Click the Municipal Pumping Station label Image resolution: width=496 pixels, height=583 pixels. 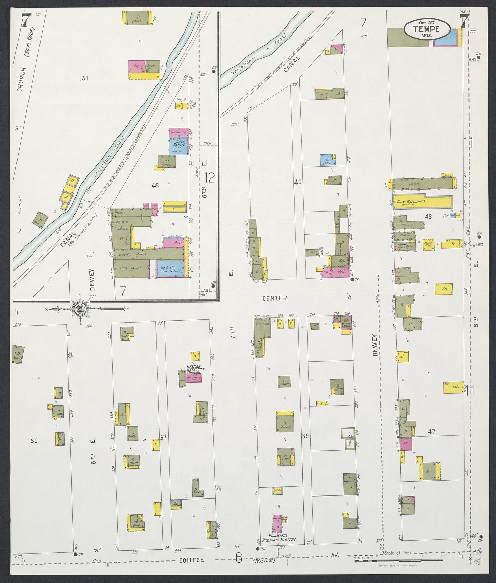coord(283,539)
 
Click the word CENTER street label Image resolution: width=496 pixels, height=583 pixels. coord(274,298)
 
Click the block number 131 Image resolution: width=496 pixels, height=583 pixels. coord(84,78)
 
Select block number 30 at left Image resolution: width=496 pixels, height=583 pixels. coord(34,441)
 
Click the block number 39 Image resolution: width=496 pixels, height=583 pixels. coord(305,436)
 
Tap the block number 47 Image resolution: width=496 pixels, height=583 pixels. coord(431,431)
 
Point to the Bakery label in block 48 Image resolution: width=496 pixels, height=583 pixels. coord(120,213)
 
